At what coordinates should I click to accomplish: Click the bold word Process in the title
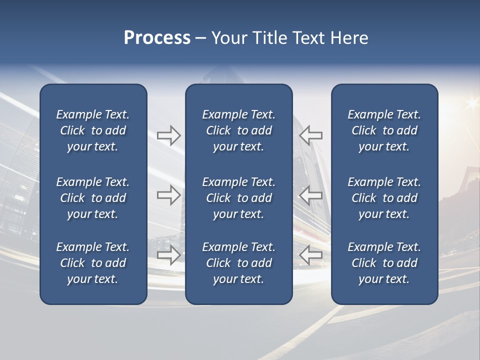tap(157, 38)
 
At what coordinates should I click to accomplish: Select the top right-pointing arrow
tap(168, 135)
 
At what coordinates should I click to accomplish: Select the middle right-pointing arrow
tap(168, 195)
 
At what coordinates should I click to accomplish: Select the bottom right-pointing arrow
tap(168, 255)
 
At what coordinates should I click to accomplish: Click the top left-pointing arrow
tap(310, 135)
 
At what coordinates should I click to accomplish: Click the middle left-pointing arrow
tap(310, 195)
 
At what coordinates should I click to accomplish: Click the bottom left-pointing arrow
tap(310, 255)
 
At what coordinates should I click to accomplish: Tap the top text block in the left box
tap(93, 130)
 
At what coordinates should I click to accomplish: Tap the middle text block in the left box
tap(93, 198)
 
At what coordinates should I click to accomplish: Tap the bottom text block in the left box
tap(93, 263)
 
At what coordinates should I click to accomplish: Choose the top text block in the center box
tap(238, 130)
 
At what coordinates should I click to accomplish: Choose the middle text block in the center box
tap(238, 198)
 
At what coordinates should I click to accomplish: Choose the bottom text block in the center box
tap(238, 263)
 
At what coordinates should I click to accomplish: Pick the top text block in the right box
tap(384, 130)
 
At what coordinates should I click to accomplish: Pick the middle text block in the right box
tap(384, 198)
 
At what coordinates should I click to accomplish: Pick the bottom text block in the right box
tap(384, 263)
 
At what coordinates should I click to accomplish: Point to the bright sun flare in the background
tap(471, 103)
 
